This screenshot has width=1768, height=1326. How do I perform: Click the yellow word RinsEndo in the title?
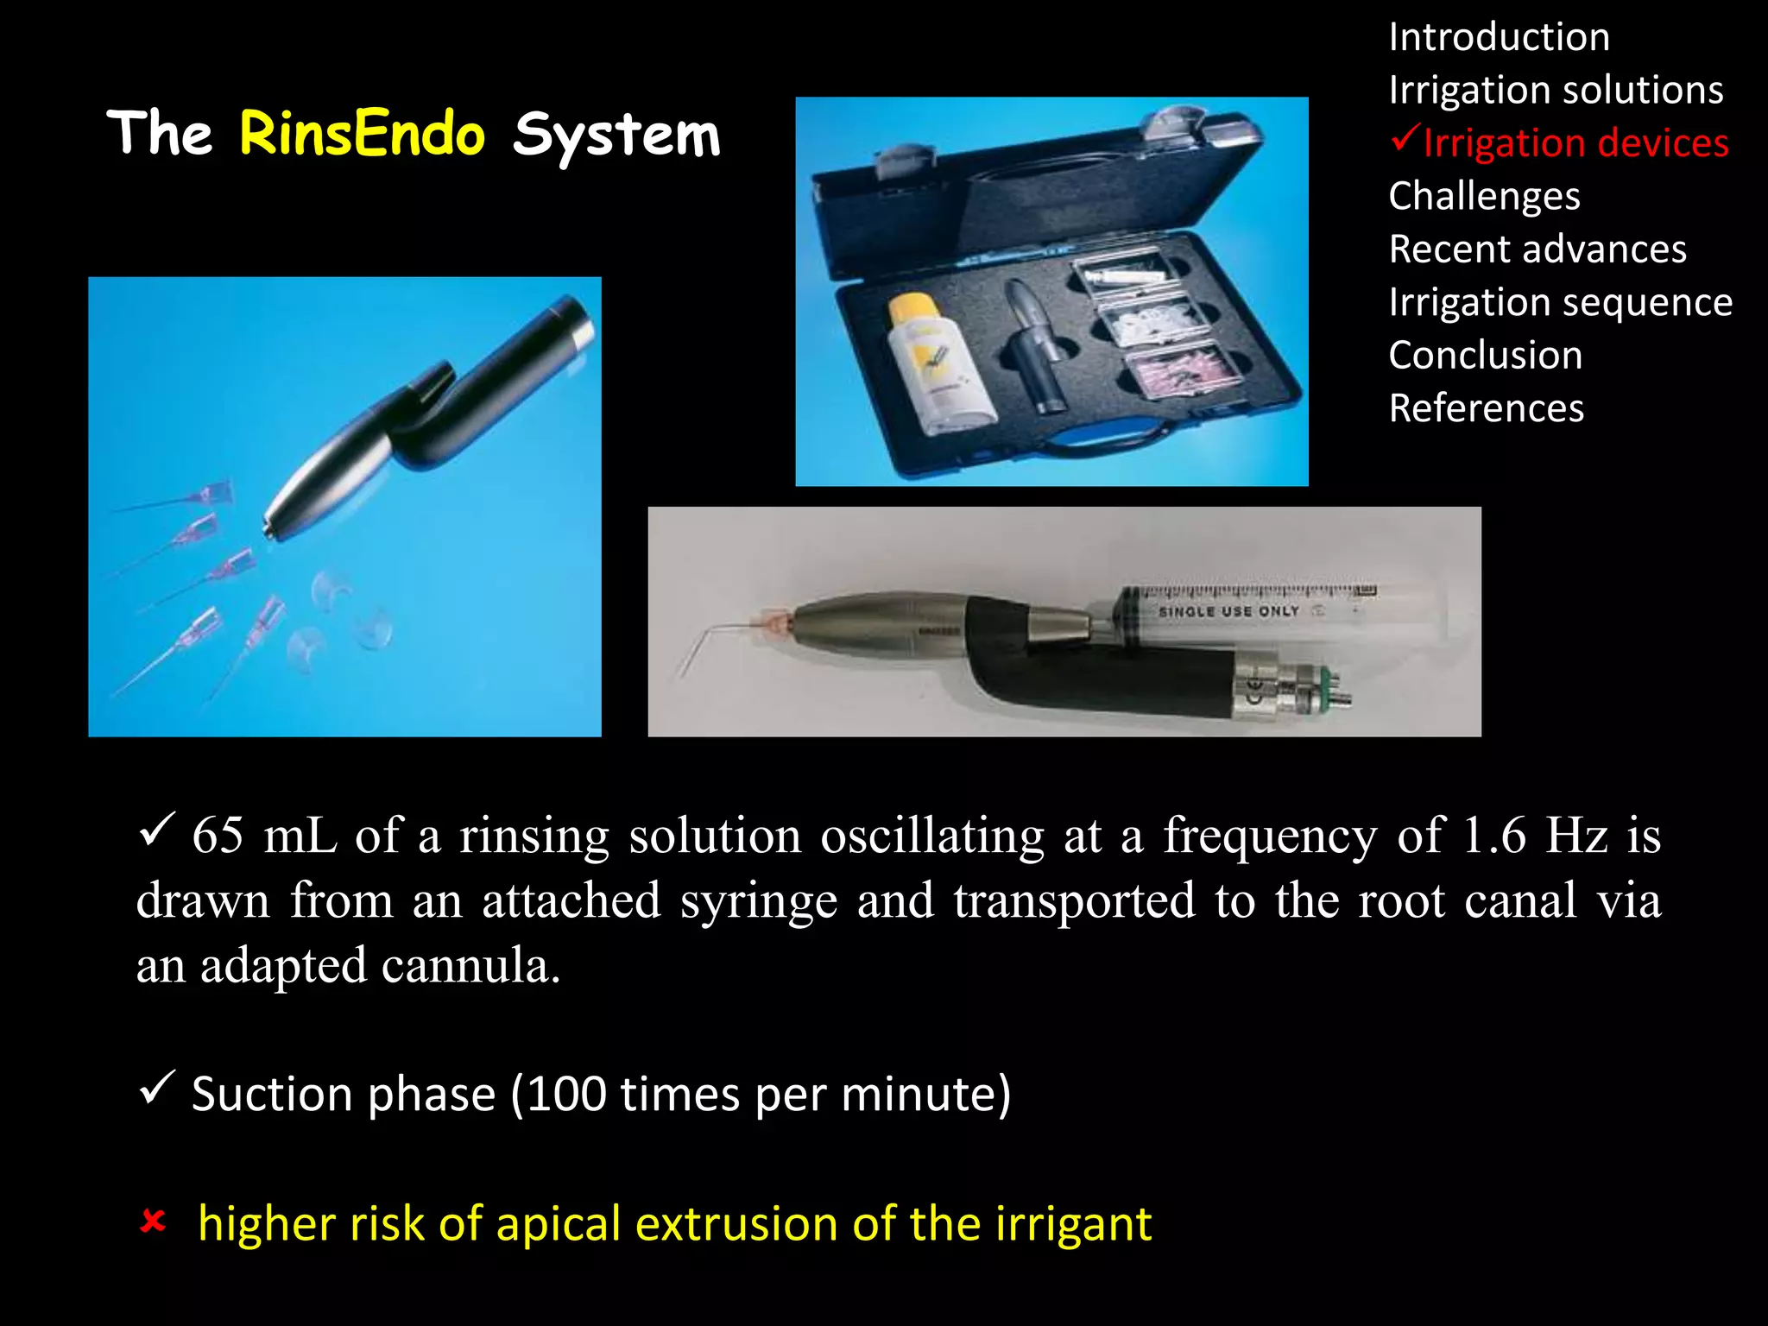[362, 135]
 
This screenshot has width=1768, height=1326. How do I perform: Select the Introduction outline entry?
[1499, 38]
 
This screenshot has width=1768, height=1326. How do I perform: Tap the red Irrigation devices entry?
[1575, 143]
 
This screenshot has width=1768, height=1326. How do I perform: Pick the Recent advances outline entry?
[1537, 249]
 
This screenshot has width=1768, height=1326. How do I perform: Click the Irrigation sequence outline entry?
[1560, 303]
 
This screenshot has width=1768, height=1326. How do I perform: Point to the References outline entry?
[1486, 408]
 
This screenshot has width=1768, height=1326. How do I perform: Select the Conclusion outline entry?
[1485, 356]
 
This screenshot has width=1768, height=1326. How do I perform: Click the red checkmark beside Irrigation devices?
[1405, 138]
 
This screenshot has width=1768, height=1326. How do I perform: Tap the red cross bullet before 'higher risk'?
[153, 1222]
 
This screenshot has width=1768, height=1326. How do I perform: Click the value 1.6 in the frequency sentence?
[1494, 836]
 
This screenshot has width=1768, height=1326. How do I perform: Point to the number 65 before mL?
[218, 836]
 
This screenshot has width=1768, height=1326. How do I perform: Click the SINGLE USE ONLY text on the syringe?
[1228, 611]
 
